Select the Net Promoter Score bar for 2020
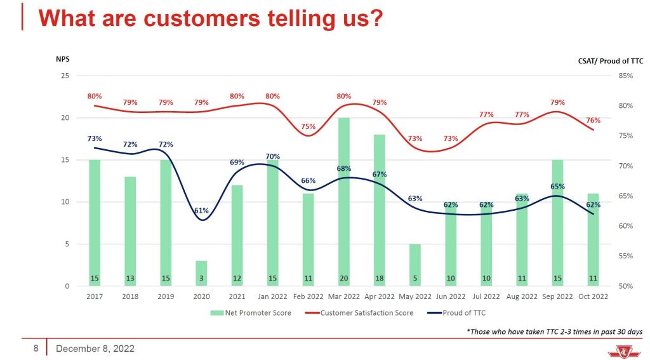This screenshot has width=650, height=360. tap(201, 273)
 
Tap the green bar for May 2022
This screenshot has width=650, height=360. tap(415, 265)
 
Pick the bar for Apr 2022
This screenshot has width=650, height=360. tap(379, 210)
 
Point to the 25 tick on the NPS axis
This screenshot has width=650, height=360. tap(64, 76)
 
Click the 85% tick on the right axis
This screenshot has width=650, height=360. tap(625, 76)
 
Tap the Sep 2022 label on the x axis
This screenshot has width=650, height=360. tap(556, 297)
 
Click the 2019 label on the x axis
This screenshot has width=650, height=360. tap(166, 297)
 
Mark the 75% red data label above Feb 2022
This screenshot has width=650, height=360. tap(308, 126)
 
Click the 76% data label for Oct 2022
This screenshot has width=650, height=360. tap(594, 120)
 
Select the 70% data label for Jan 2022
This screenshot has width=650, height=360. tap(273, 156)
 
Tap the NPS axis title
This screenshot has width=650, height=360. tap(62, 59)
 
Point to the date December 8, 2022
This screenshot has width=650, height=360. tap(95, 349)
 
